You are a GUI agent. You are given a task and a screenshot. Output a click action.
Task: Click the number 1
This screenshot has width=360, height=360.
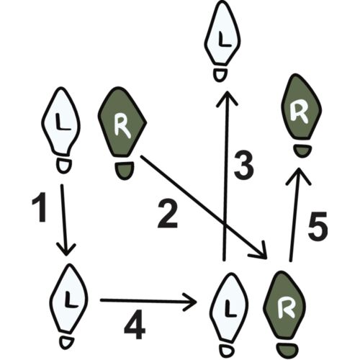pyautogui.click(x=40, y=207)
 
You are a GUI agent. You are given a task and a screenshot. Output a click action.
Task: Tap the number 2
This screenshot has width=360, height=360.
pyautogui.click(x=168, y=214)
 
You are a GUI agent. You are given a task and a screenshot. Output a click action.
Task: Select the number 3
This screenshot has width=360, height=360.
pyautogui.click(x=243, y=166)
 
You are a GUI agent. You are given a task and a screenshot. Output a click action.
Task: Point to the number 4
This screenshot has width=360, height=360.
pyautogui.click(x=135, y=325)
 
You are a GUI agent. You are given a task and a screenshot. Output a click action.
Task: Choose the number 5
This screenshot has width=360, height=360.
pyautogui.click(x=318, y=226)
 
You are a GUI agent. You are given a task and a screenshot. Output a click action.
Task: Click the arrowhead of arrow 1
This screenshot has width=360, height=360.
pyautogui.click(x=66, y=250)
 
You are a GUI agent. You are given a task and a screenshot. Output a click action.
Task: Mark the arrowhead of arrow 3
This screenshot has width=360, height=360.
pyautogui.click(x=227, y=99)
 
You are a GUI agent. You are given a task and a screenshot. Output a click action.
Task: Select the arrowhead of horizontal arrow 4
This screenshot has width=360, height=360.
pyautogui.click(x=191, y=302)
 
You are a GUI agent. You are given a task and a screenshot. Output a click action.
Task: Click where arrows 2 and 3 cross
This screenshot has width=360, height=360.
pyautogui.click(x=225, y=225)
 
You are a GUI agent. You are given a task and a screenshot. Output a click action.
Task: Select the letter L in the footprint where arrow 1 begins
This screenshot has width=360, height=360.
pyautogui.click(x=62, y=122)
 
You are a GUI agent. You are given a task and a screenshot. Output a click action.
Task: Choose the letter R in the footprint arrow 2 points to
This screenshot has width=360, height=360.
pyautogui.click(x=285, y=308)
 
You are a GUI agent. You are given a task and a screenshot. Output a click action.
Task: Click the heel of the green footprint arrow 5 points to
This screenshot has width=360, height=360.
pyautogui.click(x=302, y=151)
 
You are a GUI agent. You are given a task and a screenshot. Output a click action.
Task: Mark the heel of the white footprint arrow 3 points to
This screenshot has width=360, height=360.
pyautogui.click(x=220, y=75)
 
